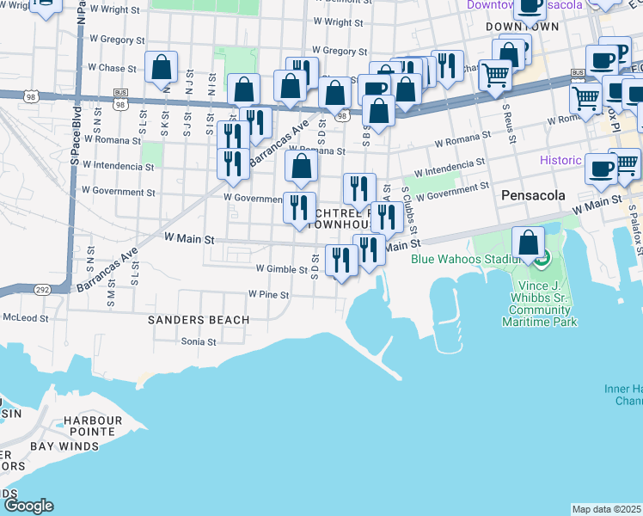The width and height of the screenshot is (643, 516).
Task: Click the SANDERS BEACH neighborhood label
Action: coord(198,320)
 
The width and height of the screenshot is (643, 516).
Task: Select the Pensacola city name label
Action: coord(533,195)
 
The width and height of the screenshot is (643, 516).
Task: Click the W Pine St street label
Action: coord(268,294)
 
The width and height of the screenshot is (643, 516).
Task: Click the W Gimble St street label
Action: coord(281,269)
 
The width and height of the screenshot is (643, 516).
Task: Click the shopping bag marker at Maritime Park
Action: coord(529,244)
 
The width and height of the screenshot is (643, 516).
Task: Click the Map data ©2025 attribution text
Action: coord(606,509)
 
